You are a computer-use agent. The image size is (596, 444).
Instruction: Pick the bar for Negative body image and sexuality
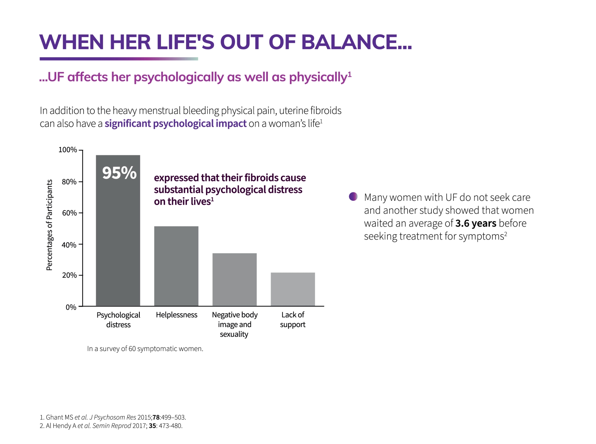coord(234,279)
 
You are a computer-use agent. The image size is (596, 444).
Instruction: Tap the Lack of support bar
coord(292,289)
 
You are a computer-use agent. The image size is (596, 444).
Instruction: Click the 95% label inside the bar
coord(119,173)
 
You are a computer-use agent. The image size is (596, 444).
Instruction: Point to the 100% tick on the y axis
coord(68,150)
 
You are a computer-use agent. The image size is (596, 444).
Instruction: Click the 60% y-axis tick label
coord(69,213)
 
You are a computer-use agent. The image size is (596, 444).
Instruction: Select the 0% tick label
coord(71,307)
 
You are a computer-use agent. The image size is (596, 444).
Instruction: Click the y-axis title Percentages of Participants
coord(49,225)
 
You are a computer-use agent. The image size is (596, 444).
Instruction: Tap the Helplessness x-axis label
coord(176,315)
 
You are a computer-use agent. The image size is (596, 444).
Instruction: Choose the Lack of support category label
coord(292,319)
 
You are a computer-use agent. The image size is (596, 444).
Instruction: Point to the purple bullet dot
coord(353,196)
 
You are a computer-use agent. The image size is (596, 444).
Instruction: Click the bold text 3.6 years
coord(475,223)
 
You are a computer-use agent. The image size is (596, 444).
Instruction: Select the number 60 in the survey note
coord(132,349)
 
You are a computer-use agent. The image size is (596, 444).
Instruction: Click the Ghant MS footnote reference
coord(113,417)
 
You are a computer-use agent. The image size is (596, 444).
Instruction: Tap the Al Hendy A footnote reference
coord(111,426)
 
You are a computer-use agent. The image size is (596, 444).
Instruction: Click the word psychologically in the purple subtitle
coord(178,77)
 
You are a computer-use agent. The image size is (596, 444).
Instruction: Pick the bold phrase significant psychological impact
coord(175,124)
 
